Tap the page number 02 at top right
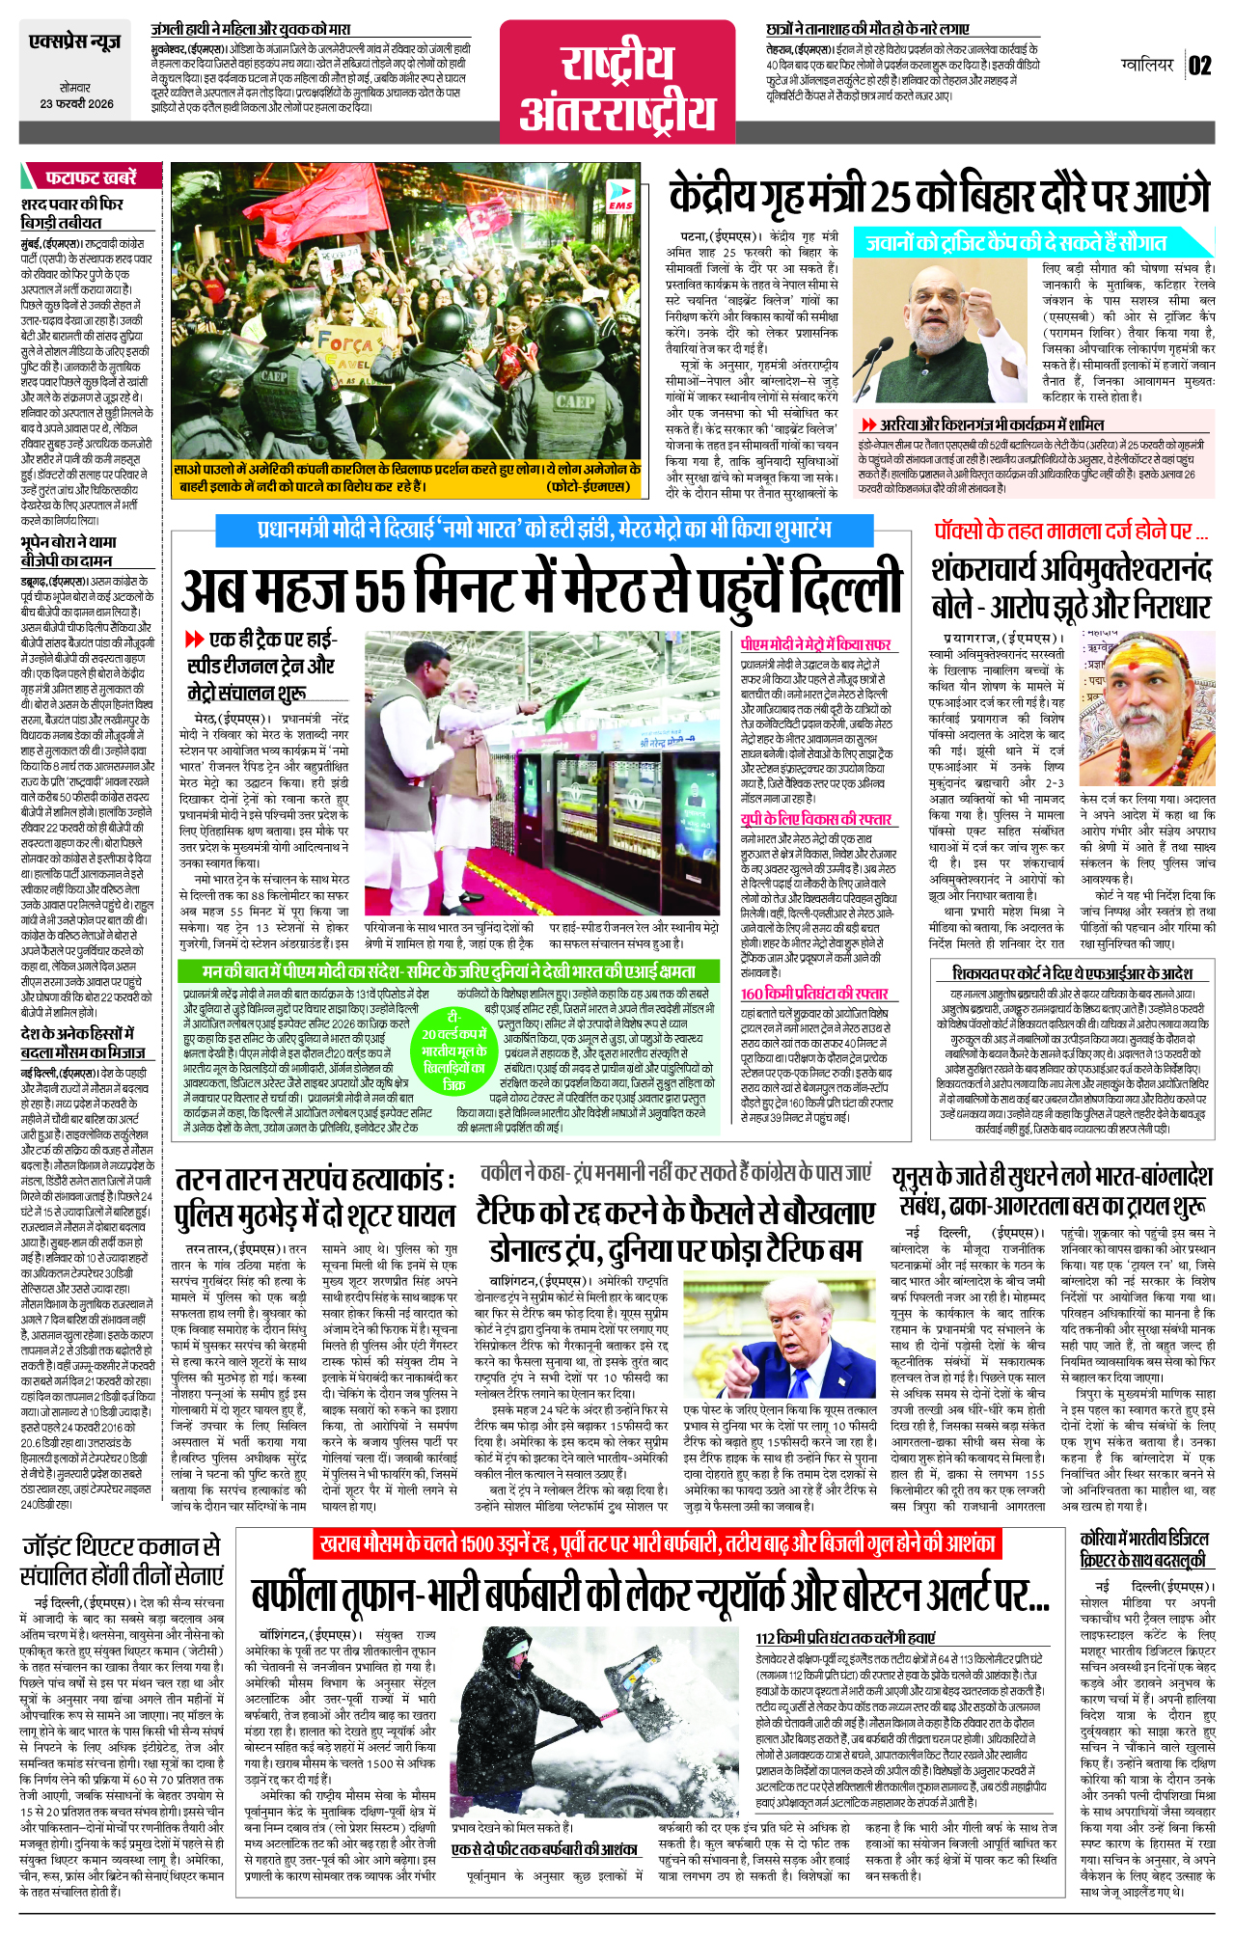tap(1198, 66)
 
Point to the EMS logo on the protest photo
tap(620, 200)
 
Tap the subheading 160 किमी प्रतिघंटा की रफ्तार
tap(814, 993)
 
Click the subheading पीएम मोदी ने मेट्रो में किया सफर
tap(815, 644)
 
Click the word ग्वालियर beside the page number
tap(1147, 66)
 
